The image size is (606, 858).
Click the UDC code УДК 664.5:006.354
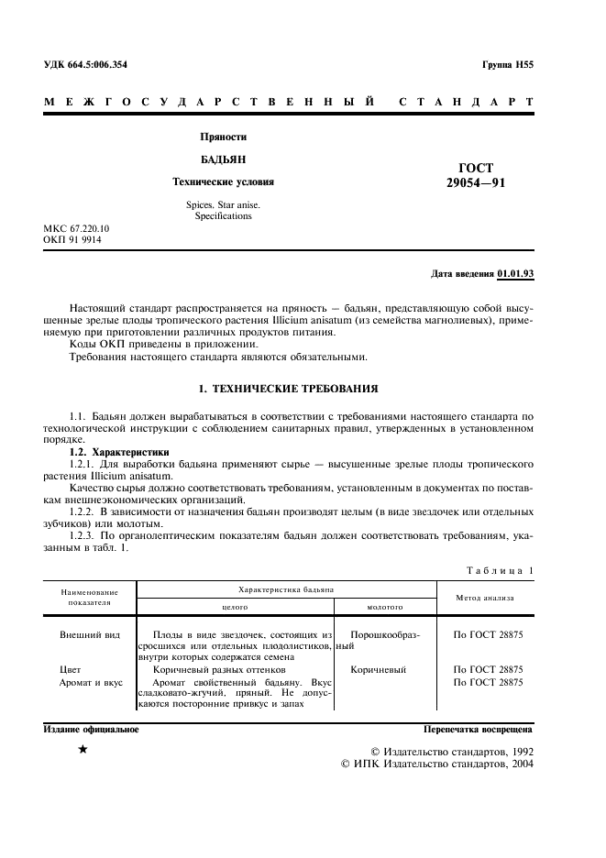(x=86, y=65)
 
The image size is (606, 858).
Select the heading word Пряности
(x=224, y=137)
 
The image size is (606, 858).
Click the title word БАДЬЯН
(x=224, y=159)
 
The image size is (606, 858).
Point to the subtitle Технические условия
(x=224, y=181)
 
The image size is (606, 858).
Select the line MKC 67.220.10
(x=77, y=228)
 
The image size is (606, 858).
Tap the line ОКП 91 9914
(x=72, y=240)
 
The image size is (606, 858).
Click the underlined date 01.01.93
(x=517, y=274)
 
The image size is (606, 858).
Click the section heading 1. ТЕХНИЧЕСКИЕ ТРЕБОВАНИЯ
(x=289, y=389)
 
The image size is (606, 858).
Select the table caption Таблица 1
(x=500, y=571)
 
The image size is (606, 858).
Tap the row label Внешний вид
(x=89, y=633)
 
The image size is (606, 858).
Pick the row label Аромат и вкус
(x=91, y=683)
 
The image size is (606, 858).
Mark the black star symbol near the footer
(x=83, y=751)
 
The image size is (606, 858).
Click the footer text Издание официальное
(x=92, y=730)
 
